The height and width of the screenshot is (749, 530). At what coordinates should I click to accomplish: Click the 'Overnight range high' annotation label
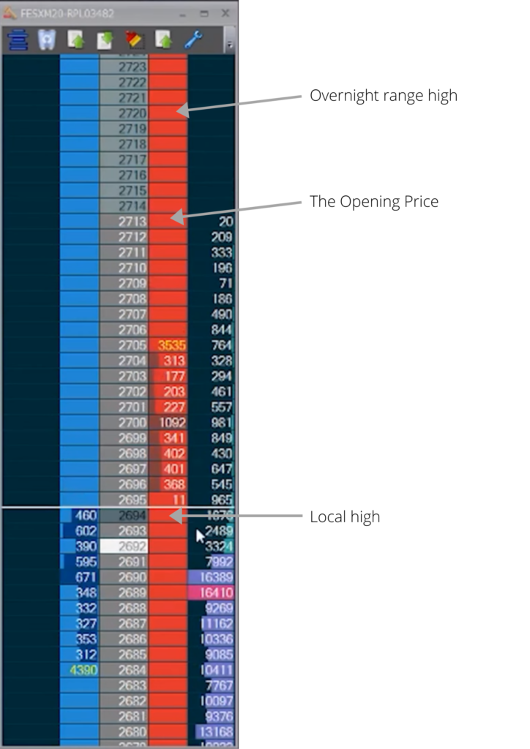coord(383,96)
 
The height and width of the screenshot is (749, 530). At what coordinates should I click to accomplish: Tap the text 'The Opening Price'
coord(373,202)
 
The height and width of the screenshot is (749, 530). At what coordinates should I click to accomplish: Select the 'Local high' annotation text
coord(344,517)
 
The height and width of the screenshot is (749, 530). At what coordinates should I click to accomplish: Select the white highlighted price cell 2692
coord(124,546)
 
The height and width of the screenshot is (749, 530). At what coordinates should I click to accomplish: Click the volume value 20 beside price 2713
coord(225,221)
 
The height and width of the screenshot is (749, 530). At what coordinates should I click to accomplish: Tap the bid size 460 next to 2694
coord(86,515)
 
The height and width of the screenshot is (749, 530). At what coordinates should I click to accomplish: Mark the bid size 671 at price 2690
coord(86,577)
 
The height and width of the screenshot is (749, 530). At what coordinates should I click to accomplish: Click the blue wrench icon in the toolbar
coord(193,39)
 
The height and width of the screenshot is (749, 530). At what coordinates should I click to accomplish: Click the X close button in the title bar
coord(225,13)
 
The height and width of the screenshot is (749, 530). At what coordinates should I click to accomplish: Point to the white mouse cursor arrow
coord(200,536)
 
